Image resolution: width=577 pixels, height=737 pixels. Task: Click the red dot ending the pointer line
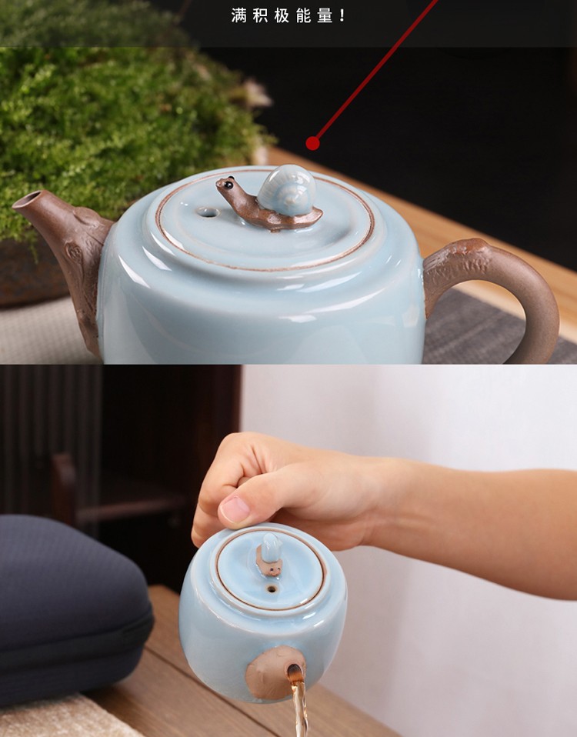click(312, 143)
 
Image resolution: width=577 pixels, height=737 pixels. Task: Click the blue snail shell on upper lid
click(287, 190)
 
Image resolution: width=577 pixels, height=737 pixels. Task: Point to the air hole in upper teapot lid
click(208, 213)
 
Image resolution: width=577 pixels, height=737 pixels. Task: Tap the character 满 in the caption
click(238, 16)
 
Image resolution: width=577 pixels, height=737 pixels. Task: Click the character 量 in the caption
click(325, 16)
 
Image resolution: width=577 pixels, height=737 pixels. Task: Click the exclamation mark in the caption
click(342, 16)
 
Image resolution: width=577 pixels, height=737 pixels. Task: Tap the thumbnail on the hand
click(235, 510)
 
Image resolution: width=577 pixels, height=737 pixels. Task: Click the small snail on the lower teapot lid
click(269, 555)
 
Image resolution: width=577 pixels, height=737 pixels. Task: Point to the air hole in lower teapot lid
click(272, 589)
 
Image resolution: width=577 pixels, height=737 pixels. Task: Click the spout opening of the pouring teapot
click(295, 673)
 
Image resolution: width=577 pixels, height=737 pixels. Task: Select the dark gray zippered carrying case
click(71, 611)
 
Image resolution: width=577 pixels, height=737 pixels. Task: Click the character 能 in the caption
click(304, 16)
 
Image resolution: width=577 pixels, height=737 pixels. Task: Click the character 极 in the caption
click(282, 16)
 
